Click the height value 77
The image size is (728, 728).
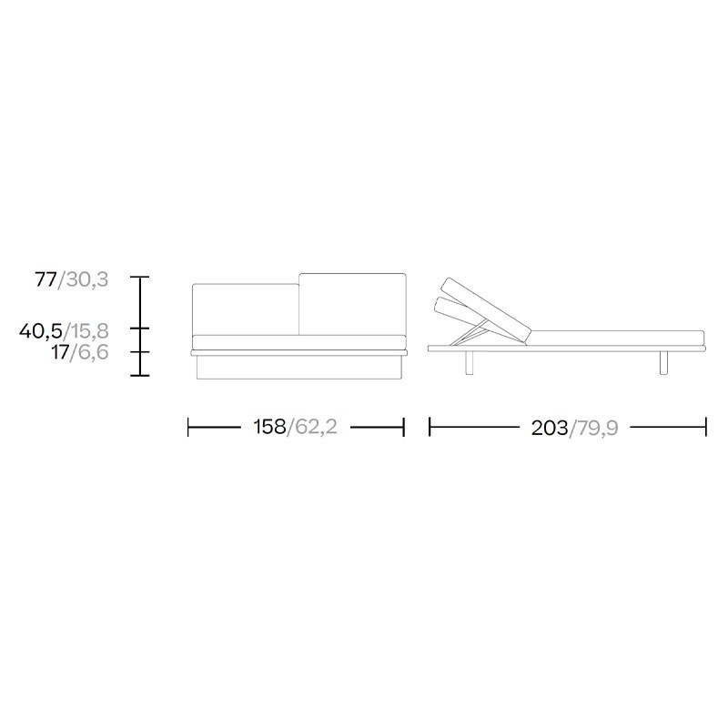point(46,279)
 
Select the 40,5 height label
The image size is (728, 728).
point(41,331)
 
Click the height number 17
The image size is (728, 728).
point(60,352)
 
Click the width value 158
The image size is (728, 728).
point(269,427)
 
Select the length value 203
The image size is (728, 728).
point(550,428)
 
